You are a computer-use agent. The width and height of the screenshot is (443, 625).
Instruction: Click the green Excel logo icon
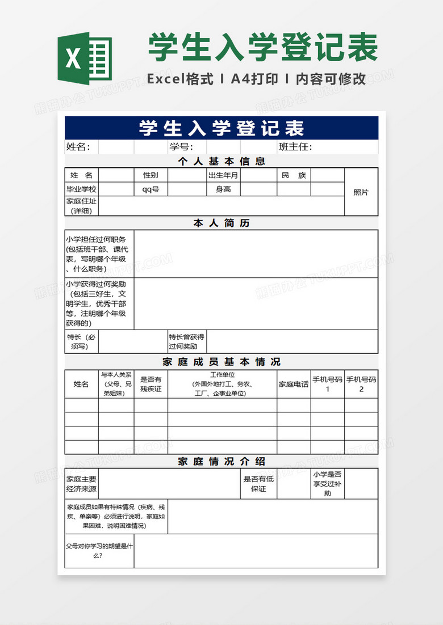85,58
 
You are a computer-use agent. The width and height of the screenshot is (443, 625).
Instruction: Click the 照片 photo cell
361,192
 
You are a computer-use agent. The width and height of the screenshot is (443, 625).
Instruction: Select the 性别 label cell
151,175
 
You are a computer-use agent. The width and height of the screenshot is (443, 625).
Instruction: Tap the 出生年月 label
224,175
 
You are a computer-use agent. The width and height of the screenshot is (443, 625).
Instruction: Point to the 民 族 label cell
294,175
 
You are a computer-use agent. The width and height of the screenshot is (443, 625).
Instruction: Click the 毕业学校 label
81,189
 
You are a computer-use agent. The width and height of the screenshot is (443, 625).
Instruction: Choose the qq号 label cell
151,189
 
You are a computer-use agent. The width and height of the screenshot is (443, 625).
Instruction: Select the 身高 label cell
224,189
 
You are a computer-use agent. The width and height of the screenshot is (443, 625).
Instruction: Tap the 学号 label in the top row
181,147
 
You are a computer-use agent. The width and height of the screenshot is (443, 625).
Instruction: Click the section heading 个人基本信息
221,161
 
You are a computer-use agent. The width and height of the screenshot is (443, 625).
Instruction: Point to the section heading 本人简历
221,223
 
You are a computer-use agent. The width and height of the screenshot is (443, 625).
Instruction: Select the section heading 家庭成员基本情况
221,362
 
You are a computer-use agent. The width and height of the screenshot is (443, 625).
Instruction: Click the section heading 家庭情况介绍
221,462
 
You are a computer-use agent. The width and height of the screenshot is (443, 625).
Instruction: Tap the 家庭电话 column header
294,384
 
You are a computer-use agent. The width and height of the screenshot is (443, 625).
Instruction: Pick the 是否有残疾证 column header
151,384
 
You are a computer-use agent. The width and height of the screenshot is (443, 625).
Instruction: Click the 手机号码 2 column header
361,384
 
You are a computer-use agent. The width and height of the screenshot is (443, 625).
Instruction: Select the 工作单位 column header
222,384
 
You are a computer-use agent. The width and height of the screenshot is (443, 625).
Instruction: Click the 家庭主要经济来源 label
81,484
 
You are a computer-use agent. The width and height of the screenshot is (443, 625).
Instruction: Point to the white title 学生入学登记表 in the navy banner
221,128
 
